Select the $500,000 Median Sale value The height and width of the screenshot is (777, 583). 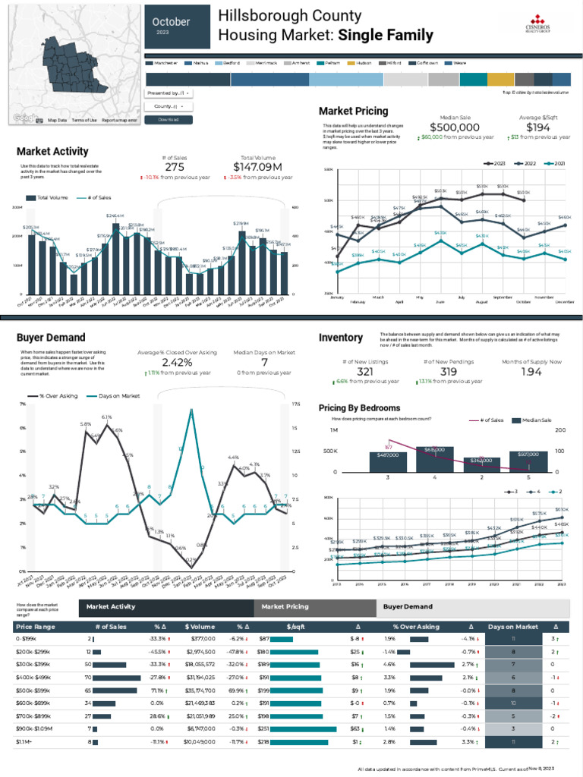click(455, 127)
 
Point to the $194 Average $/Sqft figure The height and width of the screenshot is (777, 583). click(538, 127)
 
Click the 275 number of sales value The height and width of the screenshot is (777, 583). click(175, 167)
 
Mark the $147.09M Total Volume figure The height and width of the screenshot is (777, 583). click(257, 167)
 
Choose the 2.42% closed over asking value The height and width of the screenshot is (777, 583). click(177, 363)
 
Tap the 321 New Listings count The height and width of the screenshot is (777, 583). click(364, 372)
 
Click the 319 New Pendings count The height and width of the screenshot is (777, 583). click(449, 372)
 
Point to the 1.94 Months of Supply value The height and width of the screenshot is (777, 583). click(532, 372)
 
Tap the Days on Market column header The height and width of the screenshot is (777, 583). click(512, 627)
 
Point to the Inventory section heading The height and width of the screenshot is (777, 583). click(340, 337)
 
